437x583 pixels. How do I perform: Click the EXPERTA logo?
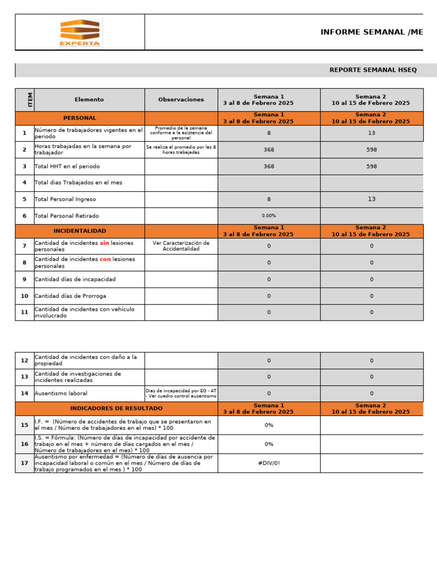click(x=80, y=32)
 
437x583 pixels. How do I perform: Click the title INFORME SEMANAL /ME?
click(x=372, y=32)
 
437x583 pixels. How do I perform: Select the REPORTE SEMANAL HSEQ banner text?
click(x=373, y=70)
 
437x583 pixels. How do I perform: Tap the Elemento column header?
click(x=89, y=100)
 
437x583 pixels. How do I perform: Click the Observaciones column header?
click(x=181, y=100)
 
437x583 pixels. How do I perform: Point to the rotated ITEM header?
click(x=30, y=100)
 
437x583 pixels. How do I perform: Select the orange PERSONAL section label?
click(x=80, y=118)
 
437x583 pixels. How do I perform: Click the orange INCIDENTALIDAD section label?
click(x=80, y=231)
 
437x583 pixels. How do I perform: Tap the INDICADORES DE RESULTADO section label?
click(x=116, y=409)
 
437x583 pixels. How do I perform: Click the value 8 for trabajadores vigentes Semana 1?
click(x=269, y=133)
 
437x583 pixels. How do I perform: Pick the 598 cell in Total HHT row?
click(x=372, y=166)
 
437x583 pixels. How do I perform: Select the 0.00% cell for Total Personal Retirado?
click(x=269, y=216)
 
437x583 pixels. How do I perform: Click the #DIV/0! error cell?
click(x=269, y=463)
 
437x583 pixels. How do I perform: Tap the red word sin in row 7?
click(x=104, y=243)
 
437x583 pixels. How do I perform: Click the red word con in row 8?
click(x=105, y=260)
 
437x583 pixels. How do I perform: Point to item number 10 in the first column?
click(x=24, y=296)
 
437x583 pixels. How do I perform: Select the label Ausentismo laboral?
click(x=61, y=393)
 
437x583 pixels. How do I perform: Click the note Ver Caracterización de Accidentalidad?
click(x=181, y=246)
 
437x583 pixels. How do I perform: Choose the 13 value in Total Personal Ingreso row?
click(x=372, y=199)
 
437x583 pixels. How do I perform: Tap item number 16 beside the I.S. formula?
click(x=24, y=444)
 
